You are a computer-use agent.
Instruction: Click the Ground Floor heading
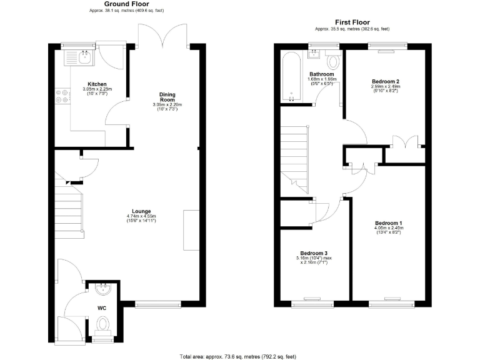[x=127, y=4]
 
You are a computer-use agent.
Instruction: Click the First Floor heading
[x=352, y=21]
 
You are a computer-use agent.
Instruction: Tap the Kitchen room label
[x=96, y=84]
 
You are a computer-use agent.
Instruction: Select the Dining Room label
[x=166, y=97]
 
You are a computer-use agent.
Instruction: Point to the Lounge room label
[x=141, y=211]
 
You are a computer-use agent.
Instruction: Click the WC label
[x=102, y=308]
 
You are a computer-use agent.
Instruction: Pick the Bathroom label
[x=322, y=74]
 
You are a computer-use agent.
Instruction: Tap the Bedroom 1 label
[x=389, y=223]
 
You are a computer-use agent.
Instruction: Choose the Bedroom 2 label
[x=385, y=82]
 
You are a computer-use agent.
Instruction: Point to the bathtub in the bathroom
[x=292, y=77]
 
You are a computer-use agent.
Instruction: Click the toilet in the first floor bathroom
[x=333, y=61]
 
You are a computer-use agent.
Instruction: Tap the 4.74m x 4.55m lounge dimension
[x=141, y=216]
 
